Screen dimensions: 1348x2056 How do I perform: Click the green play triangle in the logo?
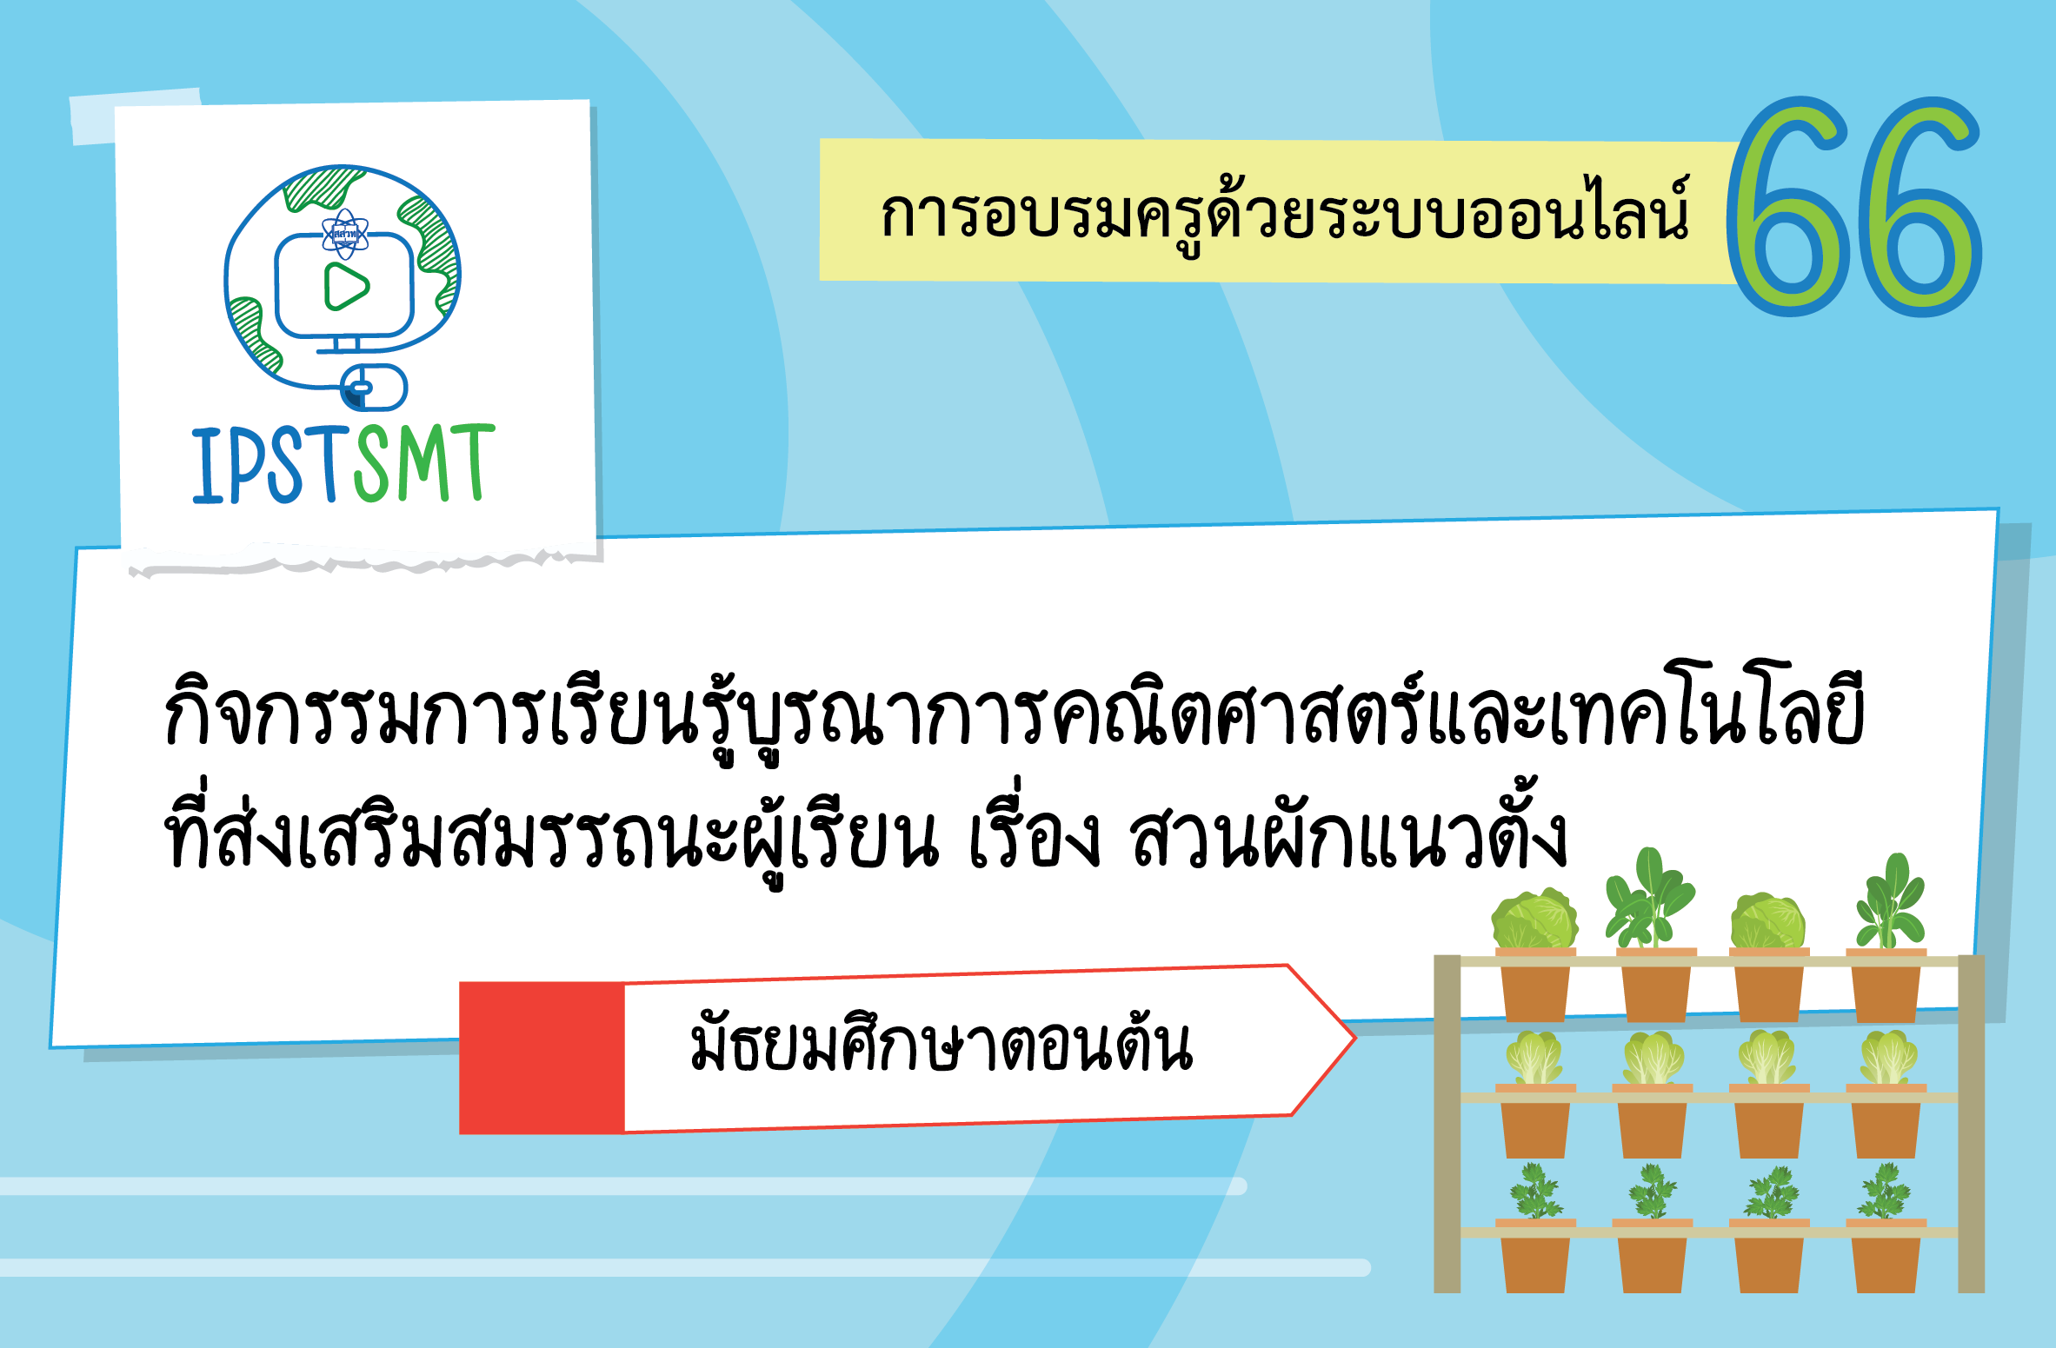click(346, 287)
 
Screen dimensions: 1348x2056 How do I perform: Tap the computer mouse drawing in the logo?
click(374, 388)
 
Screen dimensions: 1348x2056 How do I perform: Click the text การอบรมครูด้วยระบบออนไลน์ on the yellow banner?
click(1284, 214)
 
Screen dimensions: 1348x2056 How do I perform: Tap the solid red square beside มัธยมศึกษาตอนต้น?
click(542, 1058)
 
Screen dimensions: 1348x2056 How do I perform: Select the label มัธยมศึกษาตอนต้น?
click(941, 1046)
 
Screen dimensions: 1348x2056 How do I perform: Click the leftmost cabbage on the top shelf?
click(1534, 920)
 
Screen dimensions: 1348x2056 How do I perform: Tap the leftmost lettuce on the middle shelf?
click(1534, 1058)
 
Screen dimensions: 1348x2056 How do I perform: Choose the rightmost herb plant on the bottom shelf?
click(1884, 1192)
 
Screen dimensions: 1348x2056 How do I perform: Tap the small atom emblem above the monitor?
click(345, 234)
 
